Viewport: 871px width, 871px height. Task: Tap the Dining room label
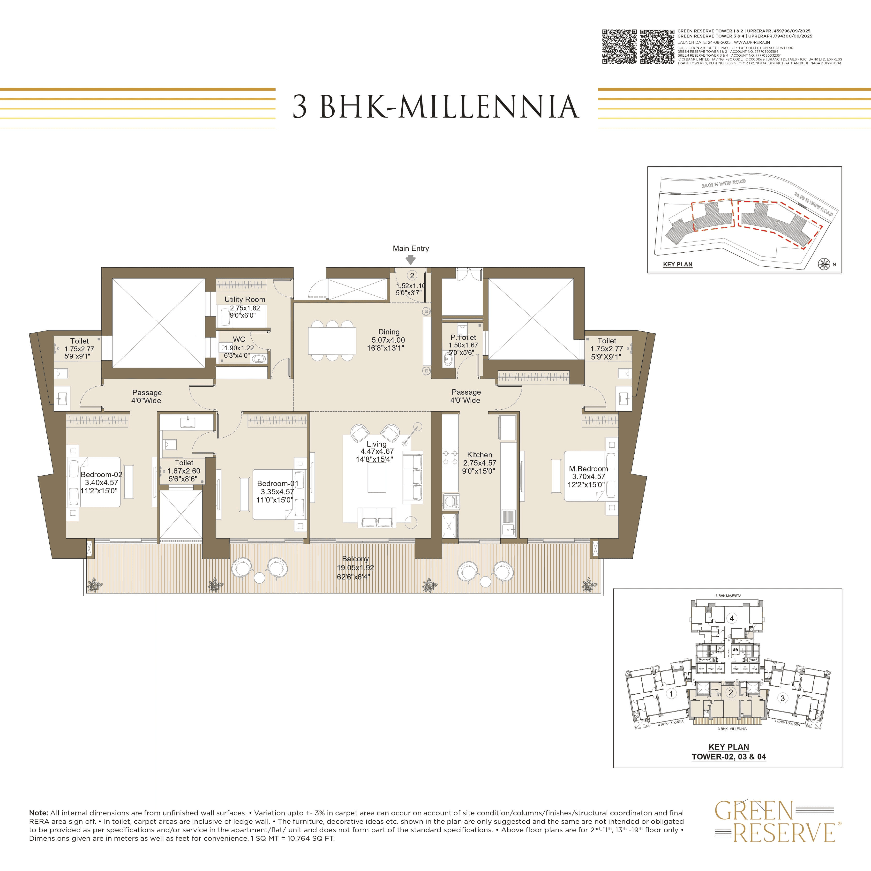[389, 332]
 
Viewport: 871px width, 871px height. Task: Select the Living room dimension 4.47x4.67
[377, 451]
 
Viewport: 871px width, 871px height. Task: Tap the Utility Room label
[245, 299]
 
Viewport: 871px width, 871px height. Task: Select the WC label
[239, 339]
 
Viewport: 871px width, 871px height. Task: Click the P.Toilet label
[463, 337]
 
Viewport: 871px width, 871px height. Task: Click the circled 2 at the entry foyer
[412, 276]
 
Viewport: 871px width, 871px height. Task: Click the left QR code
[619, 47]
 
